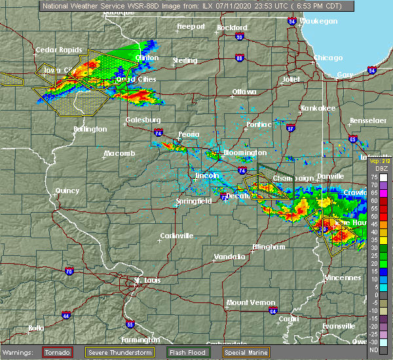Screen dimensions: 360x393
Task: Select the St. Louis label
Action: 147,281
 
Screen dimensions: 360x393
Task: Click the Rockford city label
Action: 233,27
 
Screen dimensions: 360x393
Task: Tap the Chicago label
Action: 327,58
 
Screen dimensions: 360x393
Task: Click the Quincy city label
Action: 67,190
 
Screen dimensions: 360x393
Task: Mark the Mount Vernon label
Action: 246,302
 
